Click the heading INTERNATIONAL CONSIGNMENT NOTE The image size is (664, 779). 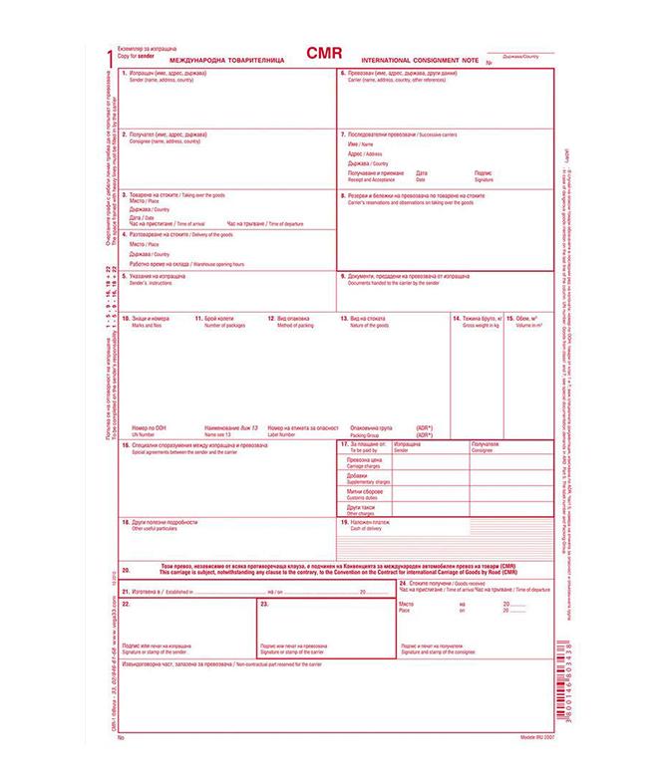pyautogui.click(x=420, y=62)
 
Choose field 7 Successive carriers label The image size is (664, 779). pyautogui.click(x=393, y=133)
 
